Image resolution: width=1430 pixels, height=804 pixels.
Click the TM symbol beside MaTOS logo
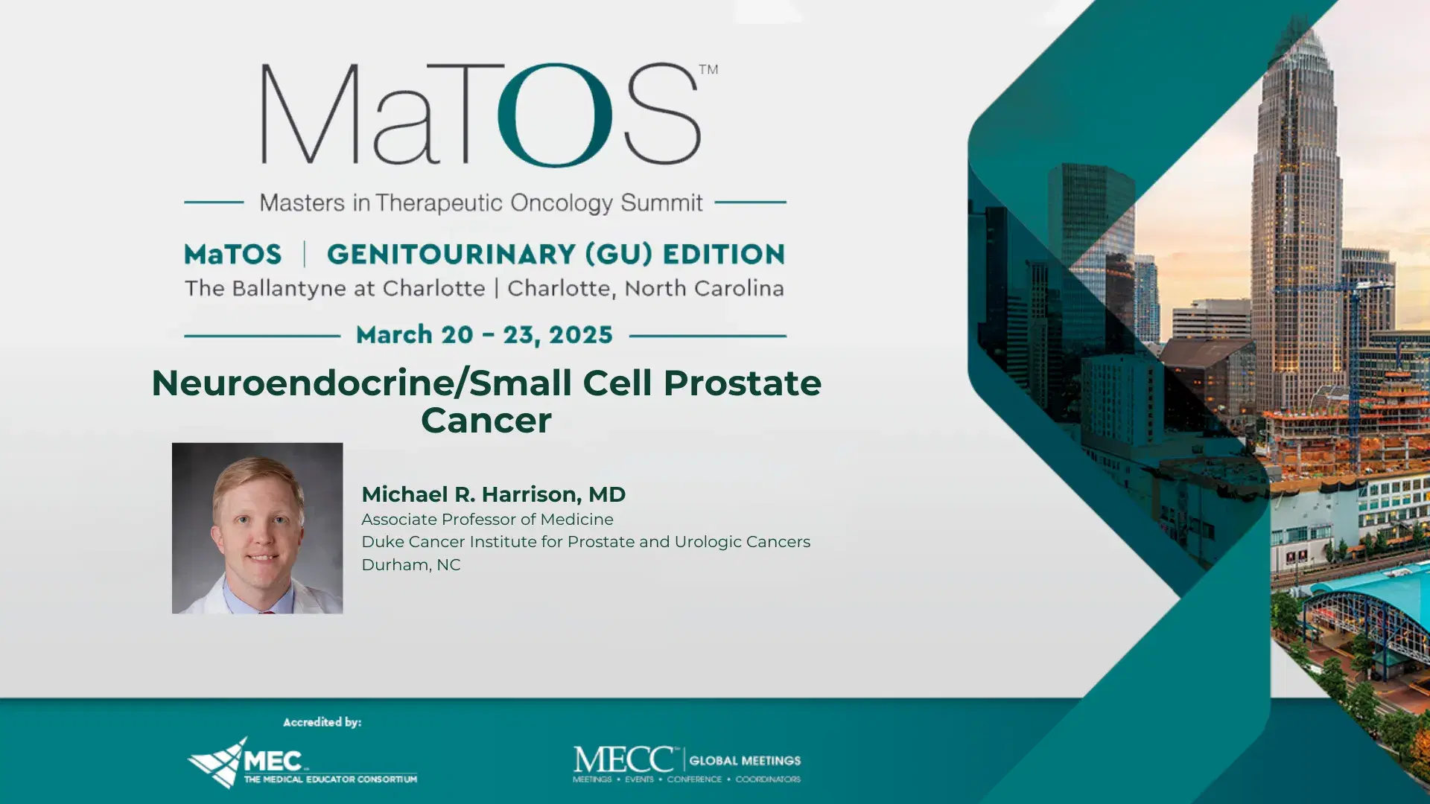click(708, 69)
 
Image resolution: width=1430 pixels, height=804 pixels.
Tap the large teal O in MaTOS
click(555, 115)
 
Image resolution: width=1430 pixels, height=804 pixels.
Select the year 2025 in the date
click(581, 335)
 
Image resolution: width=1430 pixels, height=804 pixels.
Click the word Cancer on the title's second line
click(486, 421)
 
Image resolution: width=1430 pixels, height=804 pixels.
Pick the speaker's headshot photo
click(258, 528)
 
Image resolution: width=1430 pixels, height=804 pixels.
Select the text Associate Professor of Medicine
click(487, 520)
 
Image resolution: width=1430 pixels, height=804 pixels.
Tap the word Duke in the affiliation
click(382, 542)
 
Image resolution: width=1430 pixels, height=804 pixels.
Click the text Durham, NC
click(411, 565)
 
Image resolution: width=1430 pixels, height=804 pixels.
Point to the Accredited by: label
click(322, 722)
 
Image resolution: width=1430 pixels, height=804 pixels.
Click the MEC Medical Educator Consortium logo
click(302, 763)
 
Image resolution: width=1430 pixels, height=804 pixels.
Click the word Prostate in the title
click(742, 383)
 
